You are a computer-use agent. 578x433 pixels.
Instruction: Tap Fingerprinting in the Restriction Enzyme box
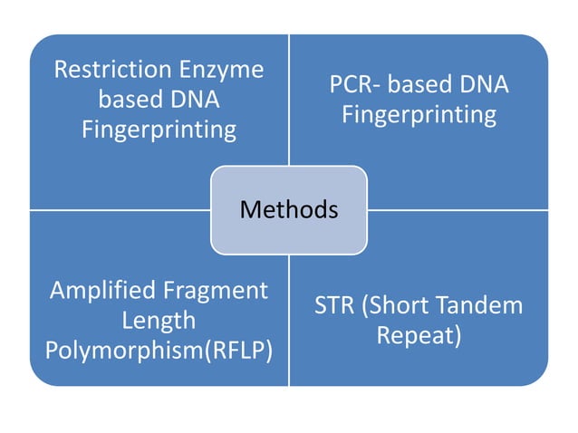159,130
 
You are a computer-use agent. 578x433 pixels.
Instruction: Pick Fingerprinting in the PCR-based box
419,115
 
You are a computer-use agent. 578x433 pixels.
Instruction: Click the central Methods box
288,210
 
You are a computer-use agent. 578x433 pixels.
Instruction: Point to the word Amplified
102,291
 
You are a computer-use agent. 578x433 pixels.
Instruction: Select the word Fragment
214,291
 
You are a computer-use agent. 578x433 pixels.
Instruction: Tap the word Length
159,321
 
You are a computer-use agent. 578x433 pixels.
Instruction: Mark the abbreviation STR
334,305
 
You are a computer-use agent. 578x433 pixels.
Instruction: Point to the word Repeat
417,335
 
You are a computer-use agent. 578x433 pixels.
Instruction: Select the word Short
396,305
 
